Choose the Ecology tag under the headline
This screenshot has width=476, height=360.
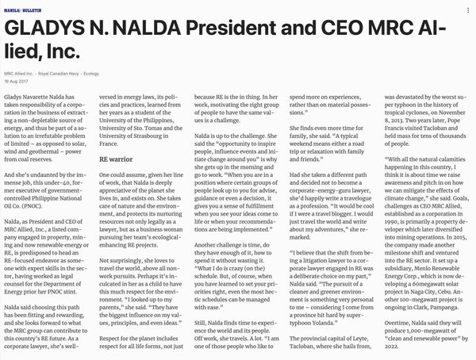(113, 72)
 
